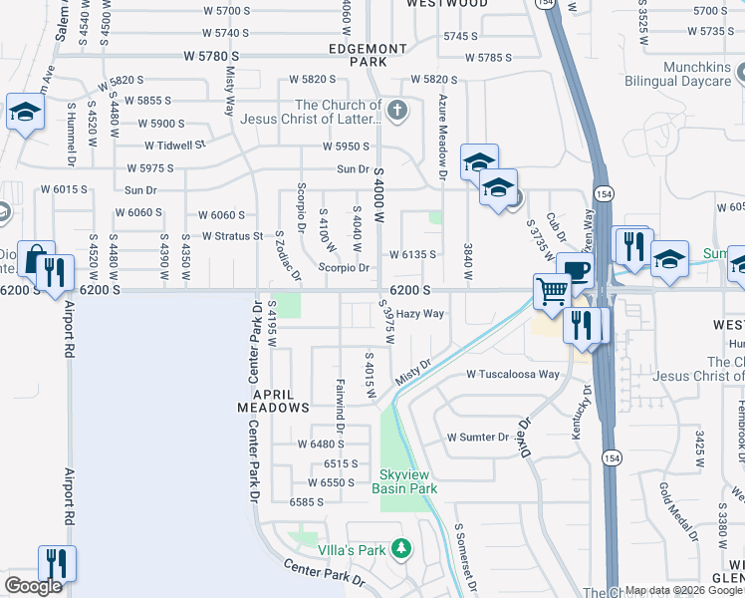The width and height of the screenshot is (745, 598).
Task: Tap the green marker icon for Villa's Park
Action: tap(400, 548)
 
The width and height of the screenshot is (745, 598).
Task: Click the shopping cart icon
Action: tap(552, 292)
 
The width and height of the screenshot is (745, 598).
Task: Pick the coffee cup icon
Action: tap(575, 271)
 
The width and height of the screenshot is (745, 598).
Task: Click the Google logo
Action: tap(33, 586)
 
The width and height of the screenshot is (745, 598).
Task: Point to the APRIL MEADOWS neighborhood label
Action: tap(273, 400)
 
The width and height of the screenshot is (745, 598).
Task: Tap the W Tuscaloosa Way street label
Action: tap(514, 375)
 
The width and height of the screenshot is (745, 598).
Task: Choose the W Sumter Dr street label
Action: tap(478, 437)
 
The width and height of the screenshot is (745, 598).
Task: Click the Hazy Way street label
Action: tap(420, 313)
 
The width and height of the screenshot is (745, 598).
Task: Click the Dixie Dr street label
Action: tap(531, 436)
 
